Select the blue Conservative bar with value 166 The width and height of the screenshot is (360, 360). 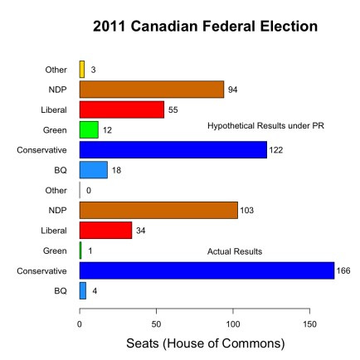pos(207,270)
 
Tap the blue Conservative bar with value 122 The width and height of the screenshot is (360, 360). pos(173,149)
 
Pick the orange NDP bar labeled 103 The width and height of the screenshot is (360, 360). pos(158,211)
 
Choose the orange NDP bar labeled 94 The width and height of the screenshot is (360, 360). pos(151,89)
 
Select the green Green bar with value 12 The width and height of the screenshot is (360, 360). pos(89,129)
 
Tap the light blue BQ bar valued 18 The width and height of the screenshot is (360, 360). pos(93,170)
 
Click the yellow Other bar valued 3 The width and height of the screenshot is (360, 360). pos(81,69)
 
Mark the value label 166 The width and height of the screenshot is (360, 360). pos(343,270)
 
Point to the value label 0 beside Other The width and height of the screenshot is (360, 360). pos(89,190)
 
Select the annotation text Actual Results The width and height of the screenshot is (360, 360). pos(236,250)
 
